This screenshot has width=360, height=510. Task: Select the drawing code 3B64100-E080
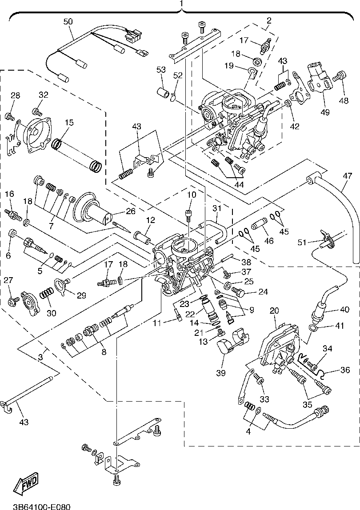[40, 506]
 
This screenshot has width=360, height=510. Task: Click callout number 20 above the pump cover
[274, 311]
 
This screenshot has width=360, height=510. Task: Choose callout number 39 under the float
[220, 371]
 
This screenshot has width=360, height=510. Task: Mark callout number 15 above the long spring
[69, 122]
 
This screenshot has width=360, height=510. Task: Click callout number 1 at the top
[181, 4]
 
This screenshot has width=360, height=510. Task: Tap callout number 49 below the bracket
[325, 112]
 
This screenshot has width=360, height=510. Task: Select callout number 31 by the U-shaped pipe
[216, 208]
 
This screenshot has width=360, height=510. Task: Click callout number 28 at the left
[16, 96]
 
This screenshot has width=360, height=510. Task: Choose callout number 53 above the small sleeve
[161, 70]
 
